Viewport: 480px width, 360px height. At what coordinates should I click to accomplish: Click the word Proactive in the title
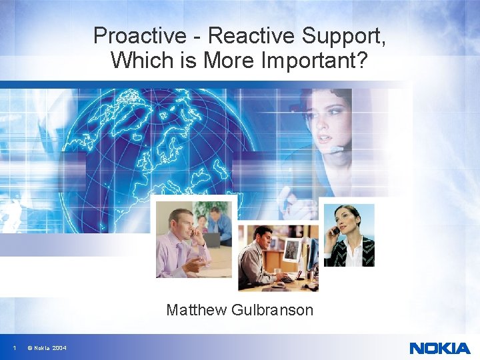tap(131, 35)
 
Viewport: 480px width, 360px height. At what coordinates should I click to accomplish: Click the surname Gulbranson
tap(273, 310)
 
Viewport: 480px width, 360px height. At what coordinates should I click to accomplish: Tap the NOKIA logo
tap(439, 347)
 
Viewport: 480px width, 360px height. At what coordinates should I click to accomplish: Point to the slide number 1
tap(15, 348)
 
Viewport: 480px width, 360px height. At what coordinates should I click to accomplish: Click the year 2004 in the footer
tap(59, 348)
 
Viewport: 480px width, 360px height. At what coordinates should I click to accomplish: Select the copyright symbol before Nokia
tap(30, 348)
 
